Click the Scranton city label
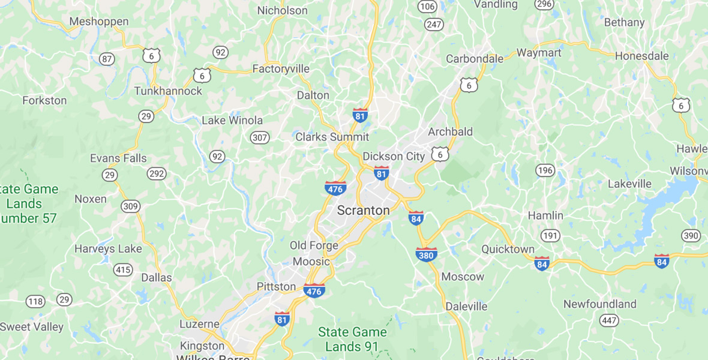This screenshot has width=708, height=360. [x=363, y=211]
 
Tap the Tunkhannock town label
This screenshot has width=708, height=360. [x=168, y=91]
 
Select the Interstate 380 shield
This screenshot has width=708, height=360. [x=426, y=254]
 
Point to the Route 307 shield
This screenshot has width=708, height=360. [x=260, y=137]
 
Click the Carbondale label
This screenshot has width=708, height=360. [x=475, y=59]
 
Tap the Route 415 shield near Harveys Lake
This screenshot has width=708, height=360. [x=123, y=269]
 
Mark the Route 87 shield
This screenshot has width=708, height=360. [x=107, y=59]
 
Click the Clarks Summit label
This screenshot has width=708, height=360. [x=332, y=137]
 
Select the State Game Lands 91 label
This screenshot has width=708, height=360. [x=352, y=340]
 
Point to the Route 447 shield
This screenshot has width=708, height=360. [x=609, y=320]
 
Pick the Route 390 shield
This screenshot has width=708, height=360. [x=691, y=235]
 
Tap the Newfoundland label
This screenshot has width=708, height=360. [x=599, y=304]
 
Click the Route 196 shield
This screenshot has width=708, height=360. [x=545, y=170]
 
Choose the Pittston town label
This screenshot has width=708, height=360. [x=276, y=286]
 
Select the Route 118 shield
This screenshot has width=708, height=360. [x=35, y=301]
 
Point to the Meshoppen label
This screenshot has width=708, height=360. [x=99, y=22]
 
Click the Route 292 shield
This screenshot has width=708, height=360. [x=157, y=174]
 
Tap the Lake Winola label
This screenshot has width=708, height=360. [x=231, y=120]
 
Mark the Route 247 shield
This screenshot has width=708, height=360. [x=434, y=25]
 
